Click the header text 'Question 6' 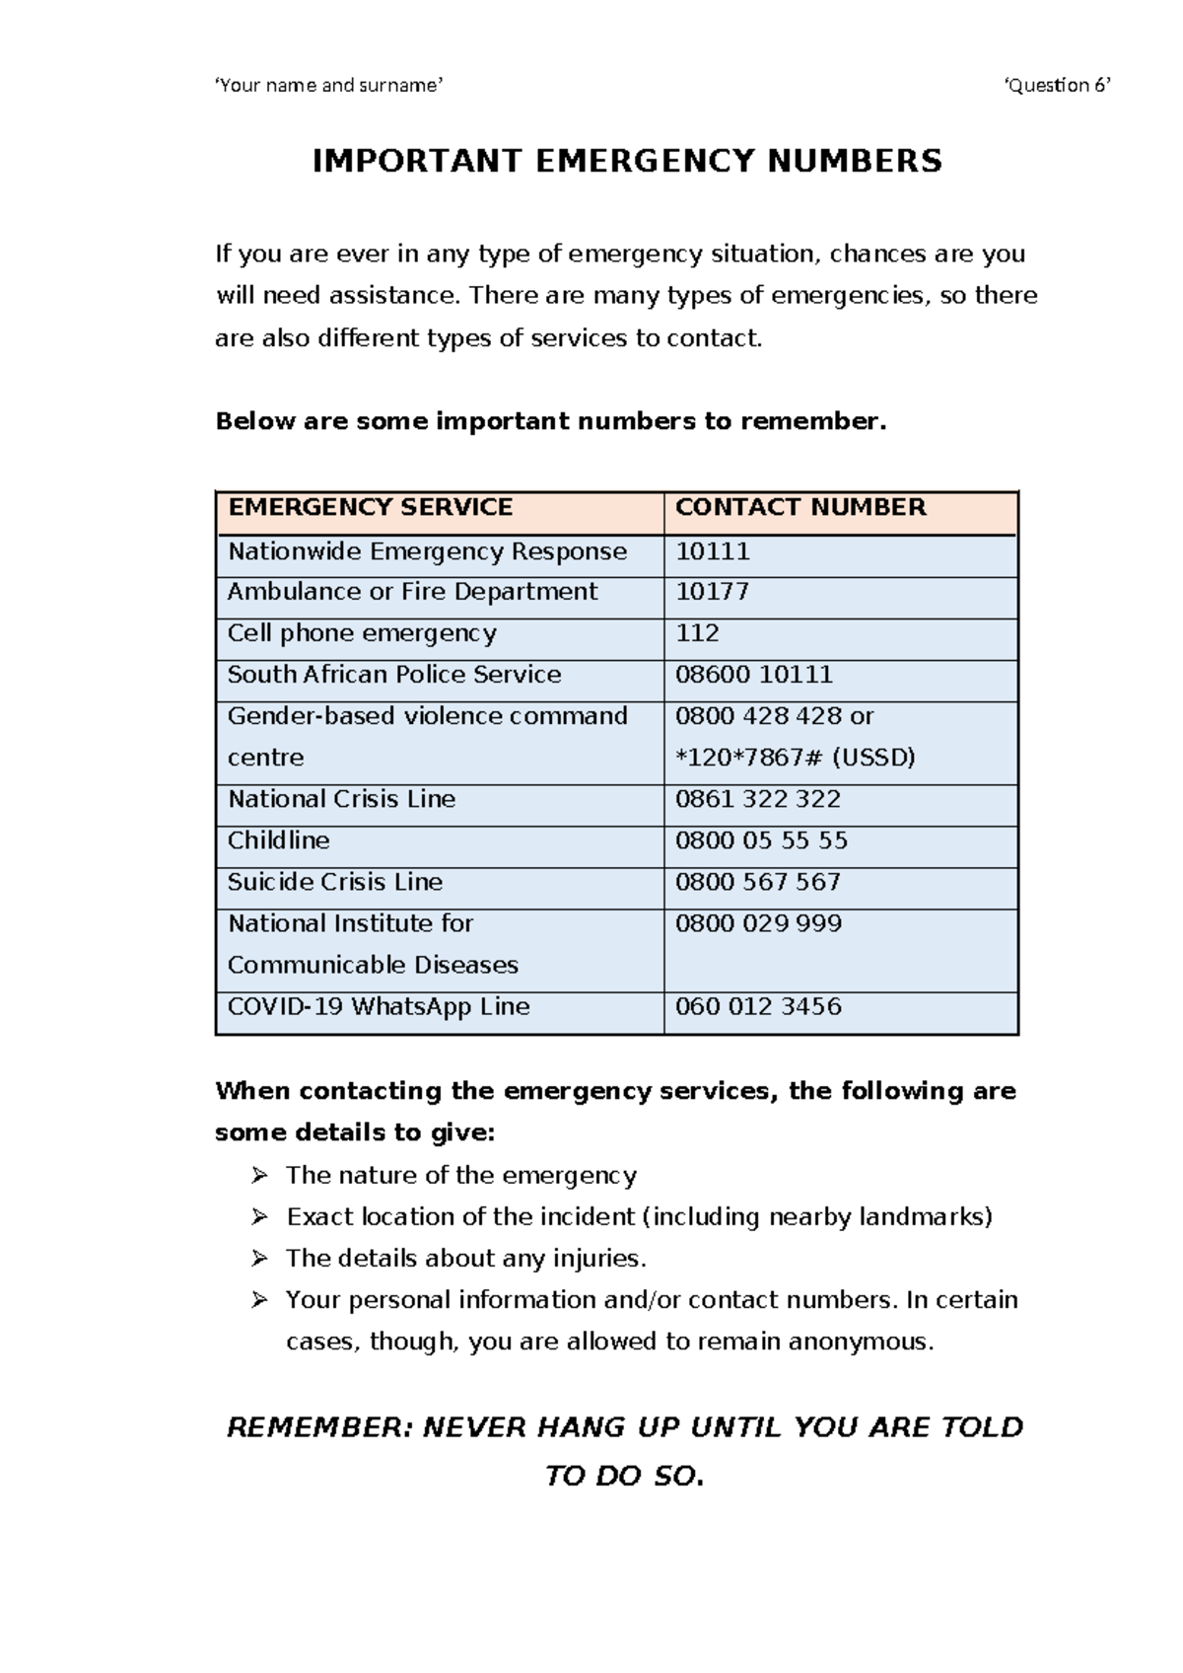point(1057,85)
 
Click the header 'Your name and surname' point(329,85)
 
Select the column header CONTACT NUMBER point(800,507)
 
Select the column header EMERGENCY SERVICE point(370,507)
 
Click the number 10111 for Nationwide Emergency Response point(712,551)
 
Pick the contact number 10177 point(712,592)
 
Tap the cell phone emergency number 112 point(697,633)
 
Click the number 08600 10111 point(753,675)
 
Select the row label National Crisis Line point(341,799)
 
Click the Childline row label point(278,840)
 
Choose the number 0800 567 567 point(757,882)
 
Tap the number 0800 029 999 point(757,923)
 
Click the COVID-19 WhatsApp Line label point(379,1006)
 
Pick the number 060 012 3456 point(757,1006)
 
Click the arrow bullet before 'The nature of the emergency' point(259,1175)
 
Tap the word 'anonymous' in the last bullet point(858,1342)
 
